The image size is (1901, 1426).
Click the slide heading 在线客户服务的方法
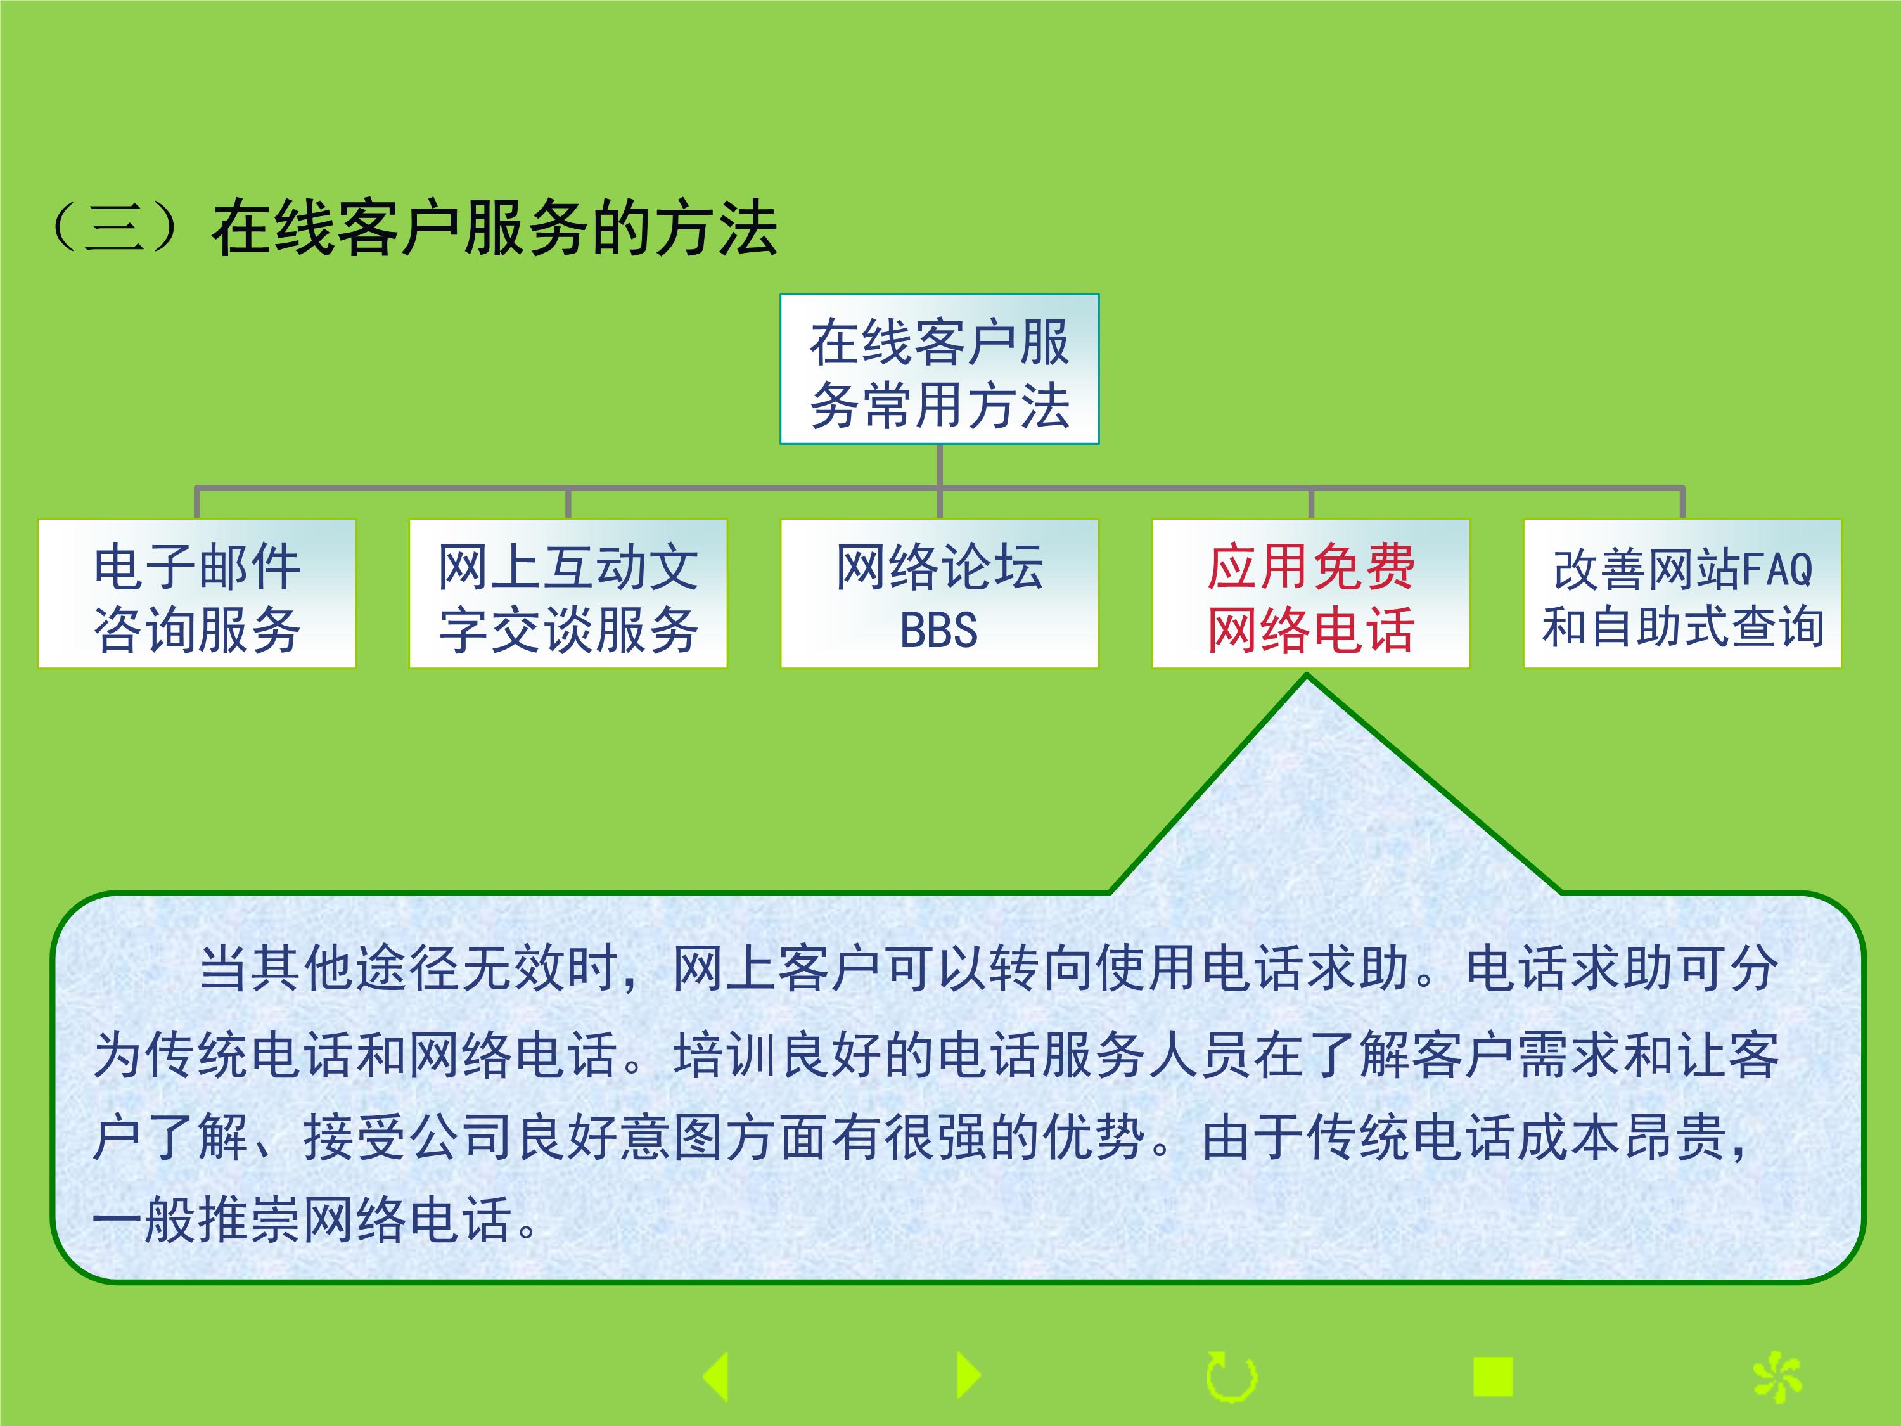pyautogui.click(x=494, y=229)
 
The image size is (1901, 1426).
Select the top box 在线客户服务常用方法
pyautogui.click(x=939, y=369)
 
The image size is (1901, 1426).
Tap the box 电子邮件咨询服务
pyautogui.click(x=197, y=593)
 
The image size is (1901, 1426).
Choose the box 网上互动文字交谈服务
pyautogui.click(x=568, y=593)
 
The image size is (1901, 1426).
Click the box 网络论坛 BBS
pyautogui.click(x=939, y=593)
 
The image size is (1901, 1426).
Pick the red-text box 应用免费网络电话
pyautogui.click(x=1310, y=593)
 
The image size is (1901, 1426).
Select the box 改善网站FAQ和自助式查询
pyautogui.click(x=1682, y=593)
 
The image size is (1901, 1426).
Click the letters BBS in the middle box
pyautogui.click(x=938, y=630)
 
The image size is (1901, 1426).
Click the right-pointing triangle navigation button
pyautogui.click(x=968, y=1375)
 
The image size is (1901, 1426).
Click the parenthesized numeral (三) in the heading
pyautogui.click(x=115, y=229)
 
